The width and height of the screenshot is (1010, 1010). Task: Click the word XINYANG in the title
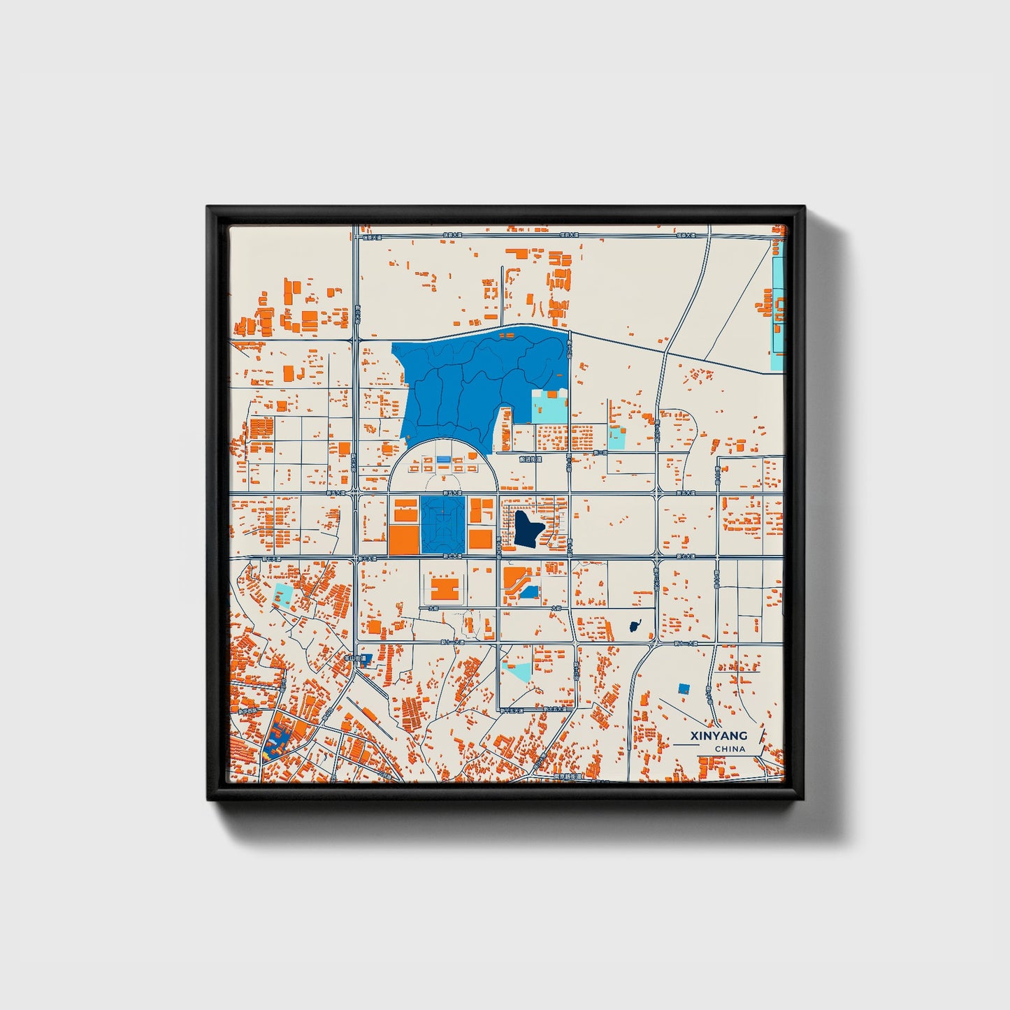719,735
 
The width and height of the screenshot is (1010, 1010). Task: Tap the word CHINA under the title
730,749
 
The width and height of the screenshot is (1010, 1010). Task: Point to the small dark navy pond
634,626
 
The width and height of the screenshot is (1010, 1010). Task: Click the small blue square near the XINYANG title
684,688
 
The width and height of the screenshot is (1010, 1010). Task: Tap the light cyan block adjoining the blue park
549,406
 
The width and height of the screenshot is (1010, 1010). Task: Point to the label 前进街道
531,460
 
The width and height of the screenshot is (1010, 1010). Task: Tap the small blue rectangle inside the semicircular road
443,459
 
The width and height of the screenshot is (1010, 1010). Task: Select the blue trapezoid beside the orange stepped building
529,593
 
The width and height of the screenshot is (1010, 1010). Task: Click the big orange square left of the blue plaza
403,540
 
